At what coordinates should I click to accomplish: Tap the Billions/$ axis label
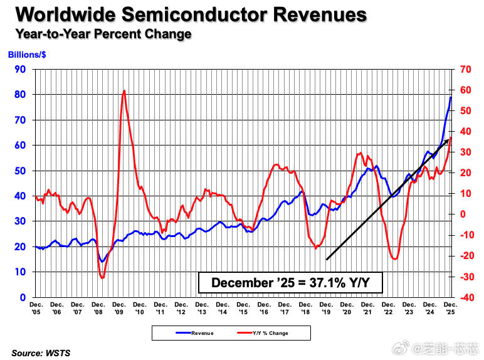pos(26,55)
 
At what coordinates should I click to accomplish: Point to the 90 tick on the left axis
pos(20,69)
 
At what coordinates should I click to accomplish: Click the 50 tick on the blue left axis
pos(20,171)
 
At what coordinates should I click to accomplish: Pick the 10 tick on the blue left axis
pos(20,272)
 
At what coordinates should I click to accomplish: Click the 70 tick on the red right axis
pos(466,69)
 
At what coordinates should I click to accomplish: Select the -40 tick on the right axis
pos(466,297)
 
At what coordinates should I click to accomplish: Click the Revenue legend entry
pos(197,333)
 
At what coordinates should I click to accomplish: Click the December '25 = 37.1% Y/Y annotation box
pos(290,283)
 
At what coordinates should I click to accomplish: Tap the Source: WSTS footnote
pos(41,353)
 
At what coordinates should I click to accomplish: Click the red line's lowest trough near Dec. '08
pos(102,277)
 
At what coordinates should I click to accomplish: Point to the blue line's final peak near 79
pos(451,97)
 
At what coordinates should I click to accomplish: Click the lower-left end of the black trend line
pos(327,259)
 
